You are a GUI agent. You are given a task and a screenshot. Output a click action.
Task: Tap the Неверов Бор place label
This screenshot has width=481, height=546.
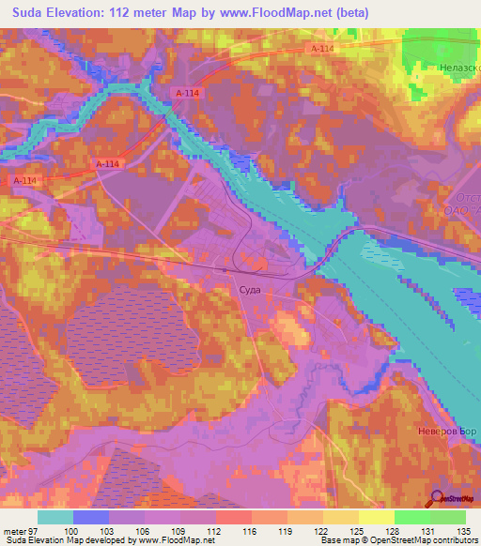[x=448, y=433]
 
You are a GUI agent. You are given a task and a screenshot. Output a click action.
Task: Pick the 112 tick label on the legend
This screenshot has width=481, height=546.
[x=215, y=531]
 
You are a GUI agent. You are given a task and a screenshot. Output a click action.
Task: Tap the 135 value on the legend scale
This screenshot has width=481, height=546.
[x=465, y=531]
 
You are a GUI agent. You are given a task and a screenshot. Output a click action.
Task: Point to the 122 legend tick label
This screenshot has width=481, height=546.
[x=322, y=531]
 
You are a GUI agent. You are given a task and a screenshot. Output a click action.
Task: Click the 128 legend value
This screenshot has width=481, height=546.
[x=394, y=531]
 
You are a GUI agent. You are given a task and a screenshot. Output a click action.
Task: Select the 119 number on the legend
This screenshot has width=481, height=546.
[x=287, y=531]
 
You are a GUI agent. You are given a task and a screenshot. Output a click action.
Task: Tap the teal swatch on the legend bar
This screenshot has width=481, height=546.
[x=55, y=517]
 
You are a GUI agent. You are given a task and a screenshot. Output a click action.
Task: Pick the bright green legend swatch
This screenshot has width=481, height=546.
[x=412, y=517]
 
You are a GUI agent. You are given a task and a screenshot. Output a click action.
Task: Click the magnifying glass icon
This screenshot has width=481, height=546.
[x=437, y=499]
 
